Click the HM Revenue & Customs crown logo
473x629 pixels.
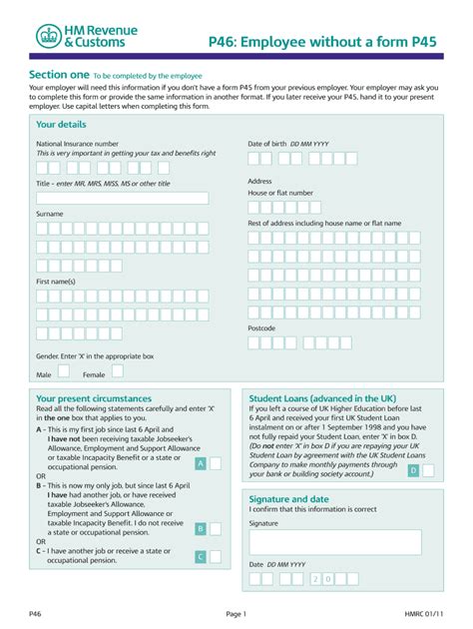(x=48, y=37)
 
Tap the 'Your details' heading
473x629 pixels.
(x=61, y=124)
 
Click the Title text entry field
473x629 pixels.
(x=122, y=198)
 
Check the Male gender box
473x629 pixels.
(x=64, y=371)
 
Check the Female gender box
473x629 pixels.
(x=119, y=371)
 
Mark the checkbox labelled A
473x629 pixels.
(x=201, y=463)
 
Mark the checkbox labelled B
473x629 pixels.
(x=201, y=529)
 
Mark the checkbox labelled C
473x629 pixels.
(x=201, y=556)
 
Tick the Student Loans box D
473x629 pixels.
(x=413, y=469)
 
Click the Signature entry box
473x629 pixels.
(x=334, y=542)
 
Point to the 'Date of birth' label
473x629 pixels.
(x=273, y=144)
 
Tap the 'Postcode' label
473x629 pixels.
(x=263, y=327)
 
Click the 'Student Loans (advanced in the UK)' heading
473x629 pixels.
(x=315, y=397)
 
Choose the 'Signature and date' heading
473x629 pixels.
(x=288, y=499)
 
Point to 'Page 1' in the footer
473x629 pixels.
(x=236, y=612)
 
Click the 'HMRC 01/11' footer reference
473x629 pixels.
(x=424, y=612)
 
